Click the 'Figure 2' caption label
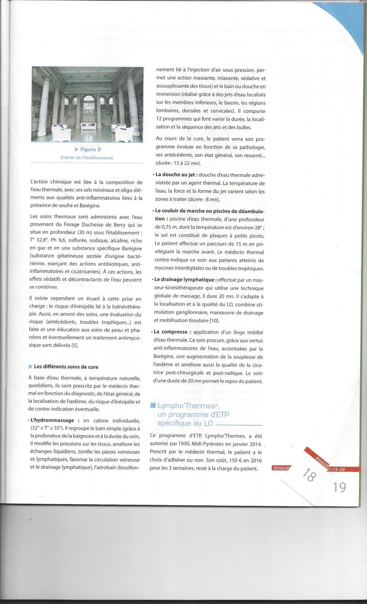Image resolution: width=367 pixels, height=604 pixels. (x=90, y=149)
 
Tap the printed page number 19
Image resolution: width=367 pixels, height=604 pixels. (x=339, y=487)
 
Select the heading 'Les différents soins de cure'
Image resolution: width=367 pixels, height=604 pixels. (x=66, y=367)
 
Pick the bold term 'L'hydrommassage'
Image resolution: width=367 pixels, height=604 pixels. (x=52, y=420)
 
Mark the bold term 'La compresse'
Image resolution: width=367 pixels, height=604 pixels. (x=171, y=332)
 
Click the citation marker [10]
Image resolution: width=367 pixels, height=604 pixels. (x=214, y=320)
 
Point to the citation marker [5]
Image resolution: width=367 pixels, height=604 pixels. (x=75, y=345)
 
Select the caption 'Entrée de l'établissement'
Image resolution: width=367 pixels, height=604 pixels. (x=87, y=158)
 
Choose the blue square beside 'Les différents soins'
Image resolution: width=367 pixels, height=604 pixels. (x=30, y=367)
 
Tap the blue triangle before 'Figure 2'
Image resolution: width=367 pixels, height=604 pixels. (x=76, y=149)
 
